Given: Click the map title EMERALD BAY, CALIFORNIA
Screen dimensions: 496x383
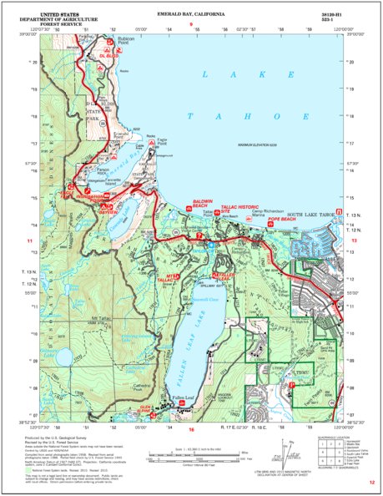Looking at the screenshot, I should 191,14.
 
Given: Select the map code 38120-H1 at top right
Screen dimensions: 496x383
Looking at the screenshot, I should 330,14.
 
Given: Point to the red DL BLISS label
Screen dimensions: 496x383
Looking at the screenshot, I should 103,55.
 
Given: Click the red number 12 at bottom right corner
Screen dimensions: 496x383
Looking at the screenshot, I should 371,483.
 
